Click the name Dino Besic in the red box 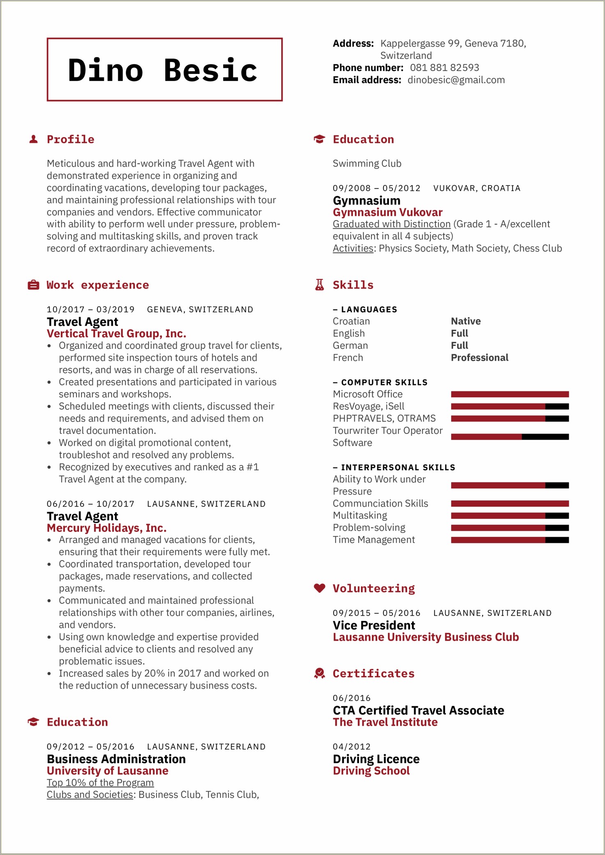coord(163,70)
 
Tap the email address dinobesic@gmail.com coord(456,80)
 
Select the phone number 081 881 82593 coord(445,68)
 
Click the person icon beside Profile coord(34,140)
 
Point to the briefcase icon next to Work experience coord(33,285)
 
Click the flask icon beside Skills coord(319,285)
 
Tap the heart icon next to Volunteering coord(319,588)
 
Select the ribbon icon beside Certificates coord(319,674)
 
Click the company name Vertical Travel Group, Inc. coord(116,334)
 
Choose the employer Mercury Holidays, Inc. coord(106,528)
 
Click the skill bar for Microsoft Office coord(509,394)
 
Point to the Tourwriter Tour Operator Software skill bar coord(509,437)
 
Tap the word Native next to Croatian coord(465,321)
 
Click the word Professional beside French coord(479,358)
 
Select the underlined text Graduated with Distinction coord(391,224)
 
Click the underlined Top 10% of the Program coord(100,783)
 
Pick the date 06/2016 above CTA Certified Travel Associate coord(351,698)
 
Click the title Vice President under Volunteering coord(374,626)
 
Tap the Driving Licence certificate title coord(376,759)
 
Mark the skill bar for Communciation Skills coord(509,504)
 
